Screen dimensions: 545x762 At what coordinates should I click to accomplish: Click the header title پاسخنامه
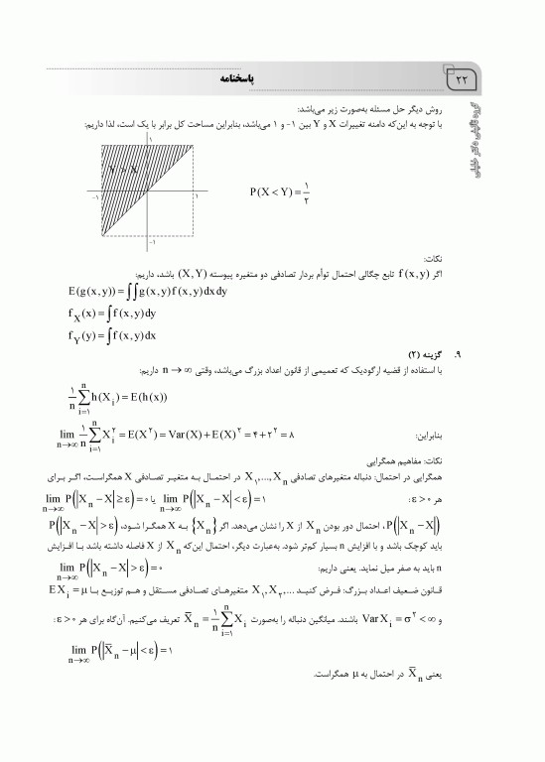coord(254,77)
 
